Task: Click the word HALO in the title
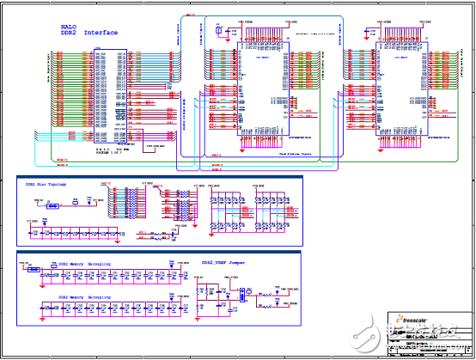click(x=70, y=25)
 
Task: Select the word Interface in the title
click(x=101, y=33)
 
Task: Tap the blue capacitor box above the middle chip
click(x=221, y=31)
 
